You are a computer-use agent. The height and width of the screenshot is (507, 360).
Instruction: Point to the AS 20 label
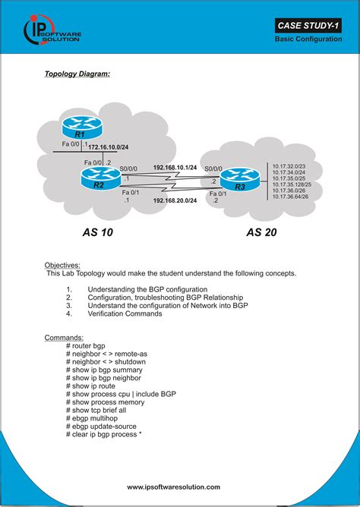coord(261,232)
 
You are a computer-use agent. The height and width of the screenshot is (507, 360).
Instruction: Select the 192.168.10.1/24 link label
coord(175,167)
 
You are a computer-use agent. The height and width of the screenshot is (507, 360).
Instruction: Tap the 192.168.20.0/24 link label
coord(175,200)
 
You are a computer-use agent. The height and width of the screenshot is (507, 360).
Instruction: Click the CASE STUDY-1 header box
coord(308,27)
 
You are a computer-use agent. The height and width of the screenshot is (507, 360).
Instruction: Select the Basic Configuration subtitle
coord(308,39)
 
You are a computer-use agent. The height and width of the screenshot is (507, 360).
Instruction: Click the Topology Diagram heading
coord(77,74)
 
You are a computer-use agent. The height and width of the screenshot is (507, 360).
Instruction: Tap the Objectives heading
coord(63,265)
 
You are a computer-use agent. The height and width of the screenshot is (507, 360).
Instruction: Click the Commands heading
coord(64,336)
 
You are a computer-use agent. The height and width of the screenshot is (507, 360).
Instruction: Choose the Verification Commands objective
coord(125,313)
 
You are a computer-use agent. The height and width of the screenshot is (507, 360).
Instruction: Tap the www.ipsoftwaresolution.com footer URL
coord(173,487)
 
